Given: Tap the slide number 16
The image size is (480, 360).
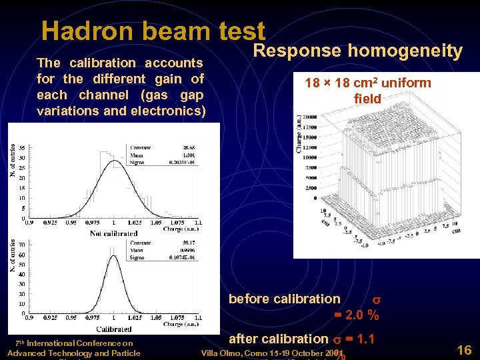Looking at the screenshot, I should click(x=465, y=349).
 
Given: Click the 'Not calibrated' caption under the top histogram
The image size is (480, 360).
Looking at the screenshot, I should click(x=113, y=234).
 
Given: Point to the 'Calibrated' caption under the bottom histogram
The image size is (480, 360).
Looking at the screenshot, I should click(x=113, y=329).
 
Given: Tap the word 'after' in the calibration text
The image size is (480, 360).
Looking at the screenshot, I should click(x=244, y=339).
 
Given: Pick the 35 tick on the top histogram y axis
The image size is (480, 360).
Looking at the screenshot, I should click(x=22, y=148).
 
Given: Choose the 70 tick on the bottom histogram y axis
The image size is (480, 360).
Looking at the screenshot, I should click(x=22, y=245).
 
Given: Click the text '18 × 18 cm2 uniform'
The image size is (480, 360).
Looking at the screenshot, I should click(x=368, y=83).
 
